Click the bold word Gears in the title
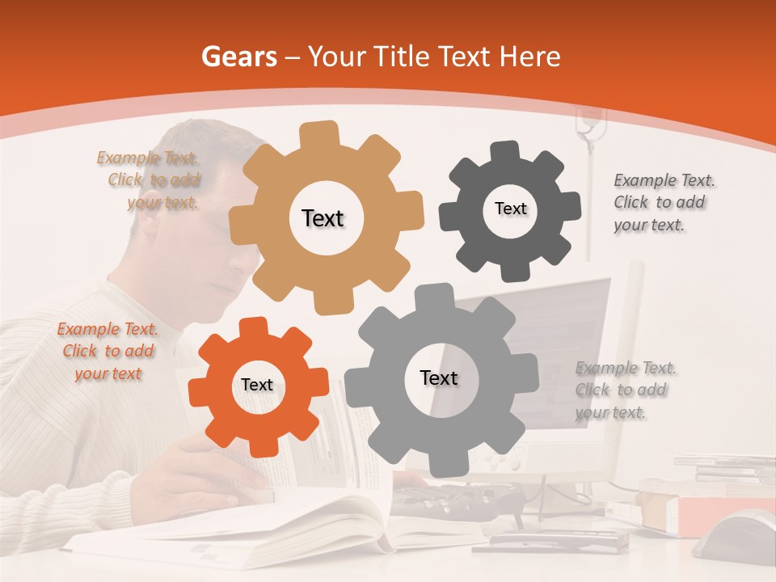click(x=238, y=57)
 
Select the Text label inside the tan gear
click(x=323, y=218)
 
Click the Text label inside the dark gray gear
click(x=510, y=209)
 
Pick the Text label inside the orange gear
click(x=257, y=385)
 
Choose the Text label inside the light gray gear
click(x=439, y=377)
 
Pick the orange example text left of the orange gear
click(x=108, y=351)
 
